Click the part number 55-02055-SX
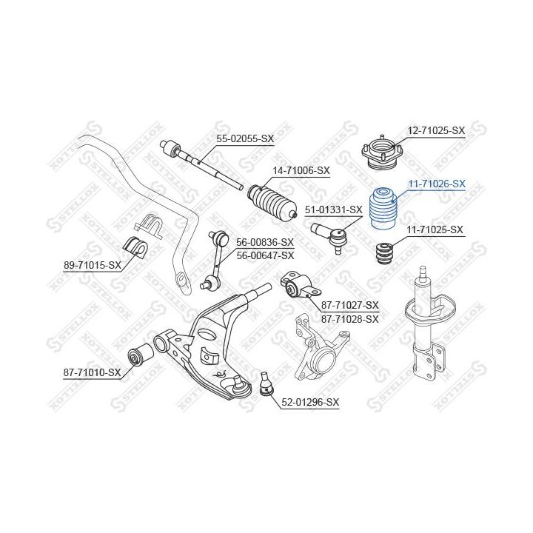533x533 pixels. tap(245, 138)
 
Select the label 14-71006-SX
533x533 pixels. tap(301, 170)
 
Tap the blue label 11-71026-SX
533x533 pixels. tap(437, 184)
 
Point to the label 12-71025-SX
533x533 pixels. tap(436, 130)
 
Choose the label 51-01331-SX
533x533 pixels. tap(334, 209)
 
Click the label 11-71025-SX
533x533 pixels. tap(435, 230)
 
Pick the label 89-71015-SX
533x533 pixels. tap(93, 265)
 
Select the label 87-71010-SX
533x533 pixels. tap(92, 373)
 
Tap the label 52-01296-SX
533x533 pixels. tap(310, 402)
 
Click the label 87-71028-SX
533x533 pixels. tap(349, 319)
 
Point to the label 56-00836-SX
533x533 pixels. tap(265, 242)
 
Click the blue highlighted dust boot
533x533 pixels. tap(383, 209)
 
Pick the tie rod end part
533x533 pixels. tap(330, 235)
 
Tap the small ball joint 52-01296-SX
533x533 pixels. tap(264, 384)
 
